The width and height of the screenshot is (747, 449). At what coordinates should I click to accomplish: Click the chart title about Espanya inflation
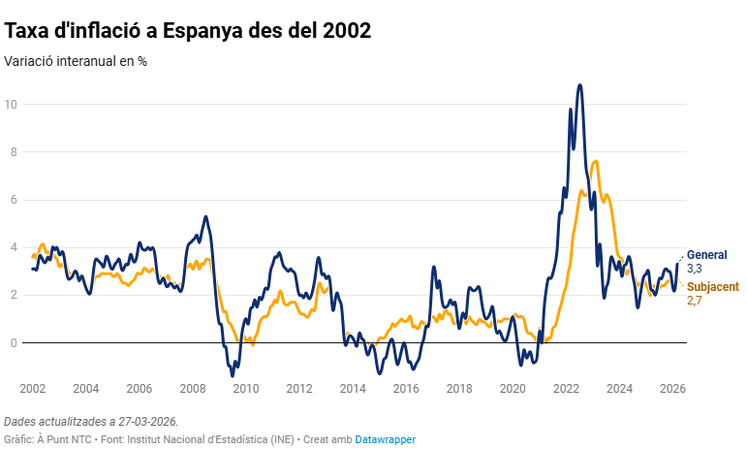click(x=188, y=30)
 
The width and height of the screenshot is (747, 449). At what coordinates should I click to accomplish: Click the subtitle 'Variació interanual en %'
click(x=76, y=61)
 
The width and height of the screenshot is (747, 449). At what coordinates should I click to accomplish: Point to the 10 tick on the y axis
click(x=11, y=104)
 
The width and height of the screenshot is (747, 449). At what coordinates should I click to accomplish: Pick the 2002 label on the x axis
click(x=32, y=388)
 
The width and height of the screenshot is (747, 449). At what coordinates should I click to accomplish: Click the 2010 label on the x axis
click(x=246, y=388)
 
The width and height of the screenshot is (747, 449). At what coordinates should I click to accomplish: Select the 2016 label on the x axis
click(x=406, y=388)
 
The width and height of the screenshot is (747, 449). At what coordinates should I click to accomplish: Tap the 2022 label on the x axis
click(x=566, y=388)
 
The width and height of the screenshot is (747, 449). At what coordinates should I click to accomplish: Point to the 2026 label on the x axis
click(x=672, y=388)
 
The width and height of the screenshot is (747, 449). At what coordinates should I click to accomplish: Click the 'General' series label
click(x=706, y=254)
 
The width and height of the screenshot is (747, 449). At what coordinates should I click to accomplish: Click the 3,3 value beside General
click(x=695, y=268)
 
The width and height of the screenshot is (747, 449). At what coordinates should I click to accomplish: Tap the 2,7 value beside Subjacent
click(x=694, y=301)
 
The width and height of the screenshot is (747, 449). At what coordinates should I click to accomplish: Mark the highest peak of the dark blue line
click(x=579, y=85)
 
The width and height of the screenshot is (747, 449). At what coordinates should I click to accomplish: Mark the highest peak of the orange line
click(x=594, y=161)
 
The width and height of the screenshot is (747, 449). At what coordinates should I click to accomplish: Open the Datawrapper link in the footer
click(x=385, y=439)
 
